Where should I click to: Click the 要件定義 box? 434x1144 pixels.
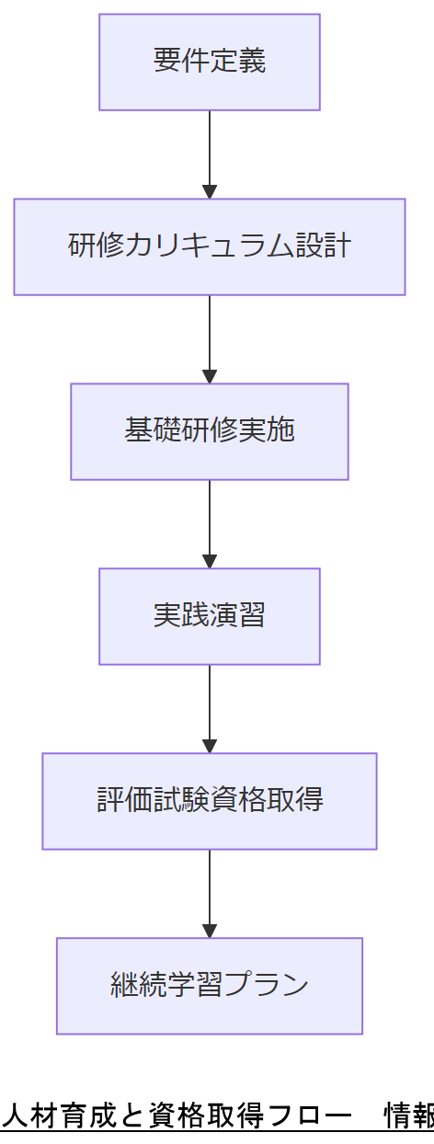coord(210,62)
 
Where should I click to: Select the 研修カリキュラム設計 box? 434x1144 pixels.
coord(210,246)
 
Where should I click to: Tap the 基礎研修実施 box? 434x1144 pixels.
coord(210,431)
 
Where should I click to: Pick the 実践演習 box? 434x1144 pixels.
coord(210,616)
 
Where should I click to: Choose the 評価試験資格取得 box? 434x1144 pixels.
coord(210,801)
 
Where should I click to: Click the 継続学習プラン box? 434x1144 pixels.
coord(210,986)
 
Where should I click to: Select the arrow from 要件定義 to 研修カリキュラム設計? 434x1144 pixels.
coord(210,152)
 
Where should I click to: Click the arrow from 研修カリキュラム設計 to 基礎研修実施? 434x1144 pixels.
coord(210,337)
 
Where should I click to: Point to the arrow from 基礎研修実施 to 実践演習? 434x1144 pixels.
coord(210,521)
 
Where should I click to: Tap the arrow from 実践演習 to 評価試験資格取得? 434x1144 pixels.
coord(210,706)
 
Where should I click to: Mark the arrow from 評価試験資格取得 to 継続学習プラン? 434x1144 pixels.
coord(210,891)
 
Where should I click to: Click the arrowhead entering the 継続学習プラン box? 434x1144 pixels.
coord(210,931)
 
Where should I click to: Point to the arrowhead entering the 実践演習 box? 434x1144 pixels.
coord(210,561)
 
